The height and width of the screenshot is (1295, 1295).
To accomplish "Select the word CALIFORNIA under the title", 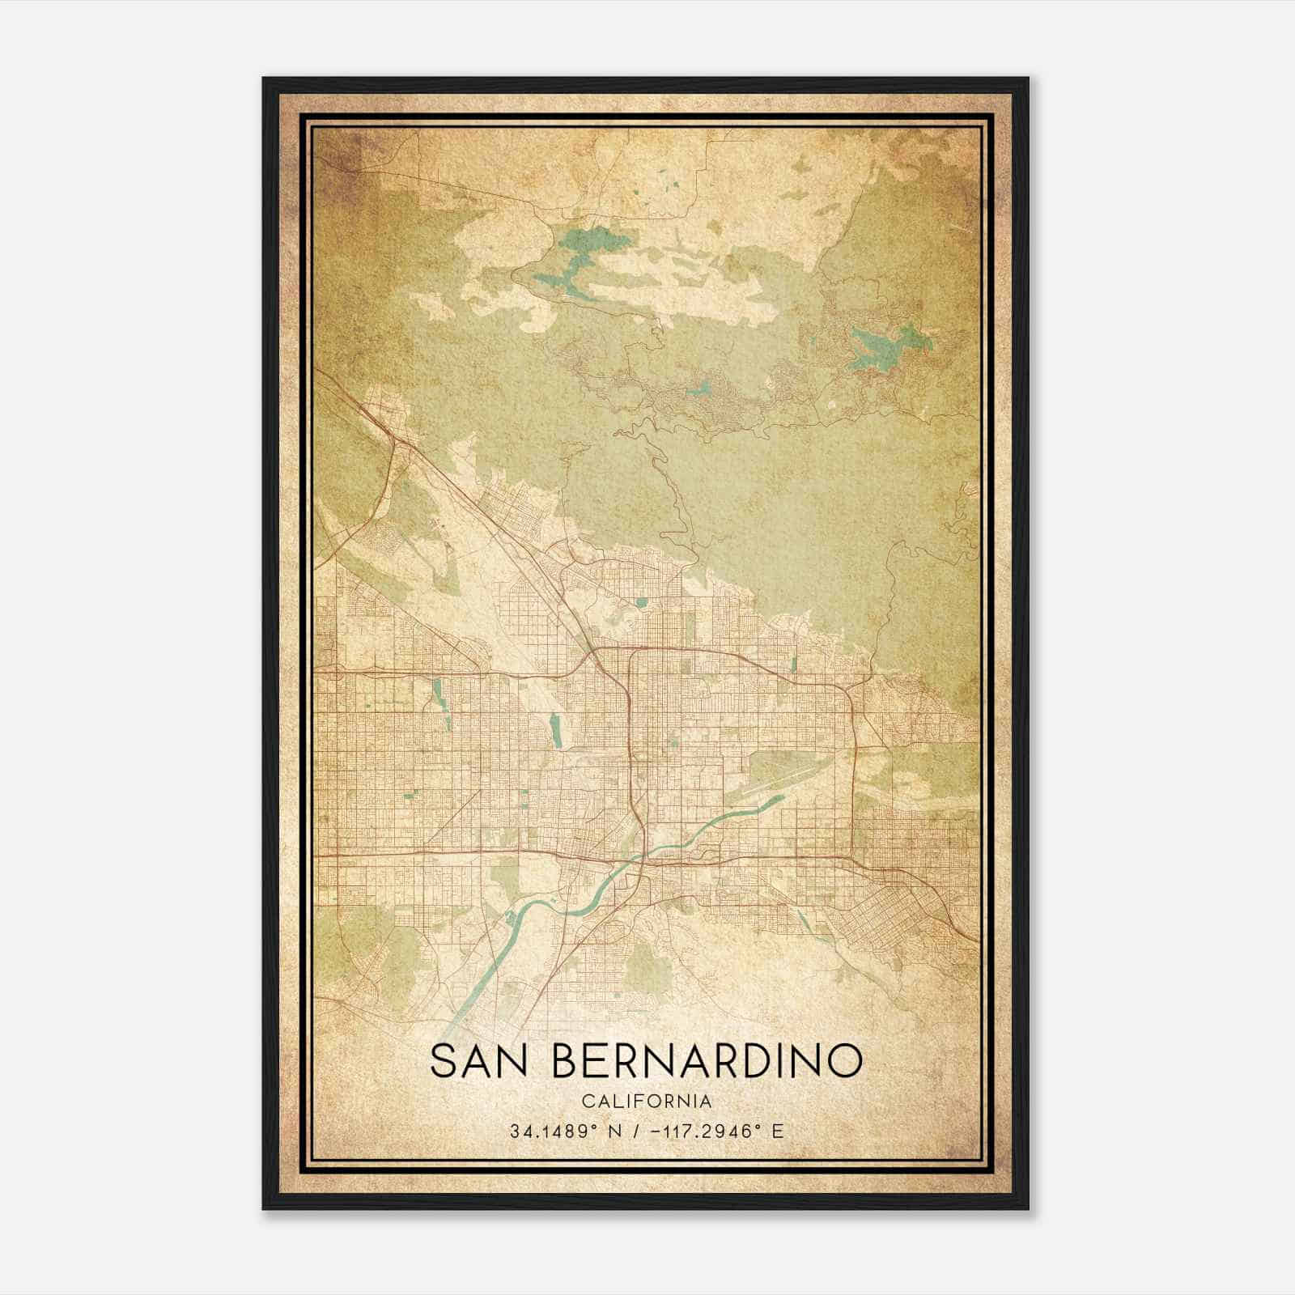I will tap(647, 1101).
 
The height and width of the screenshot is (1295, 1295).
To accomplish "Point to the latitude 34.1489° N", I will tap(566, 1132).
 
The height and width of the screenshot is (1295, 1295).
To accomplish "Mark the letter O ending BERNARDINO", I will tap(845, 1061).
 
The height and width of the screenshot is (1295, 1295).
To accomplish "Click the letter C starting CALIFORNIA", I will tap(586, 1101).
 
